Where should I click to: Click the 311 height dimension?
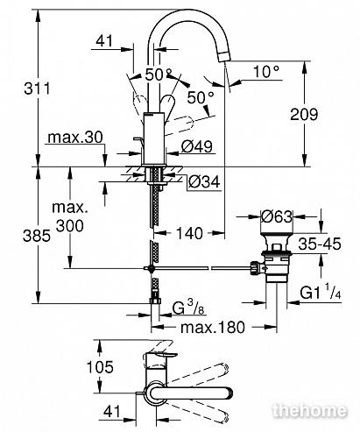pos(37,89)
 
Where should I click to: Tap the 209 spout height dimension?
pos(304,114)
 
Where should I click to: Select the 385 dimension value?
pos(37,236)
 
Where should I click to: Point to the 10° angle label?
pos(266,72)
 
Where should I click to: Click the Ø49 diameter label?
pos(197,146)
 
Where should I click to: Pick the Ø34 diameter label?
pos(204,182)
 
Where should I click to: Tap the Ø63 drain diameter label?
pos(277,216)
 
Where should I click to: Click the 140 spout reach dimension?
pos(189,233)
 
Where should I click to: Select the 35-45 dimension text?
pos(320,244)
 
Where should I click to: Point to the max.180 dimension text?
pos(213,328)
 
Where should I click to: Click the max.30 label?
pos(75,137)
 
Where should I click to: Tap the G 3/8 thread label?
pos(187,308)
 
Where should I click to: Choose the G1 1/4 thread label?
pos(321,293)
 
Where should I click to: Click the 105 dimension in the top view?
pos(100,367)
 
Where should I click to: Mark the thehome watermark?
pos(310,411)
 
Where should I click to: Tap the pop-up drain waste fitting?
pos(274,257)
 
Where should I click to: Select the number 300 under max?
pos(70,225)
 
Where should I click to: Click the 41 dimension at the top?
pos(104,41)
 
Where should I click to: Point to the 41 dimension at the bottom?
pos(112,411)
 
